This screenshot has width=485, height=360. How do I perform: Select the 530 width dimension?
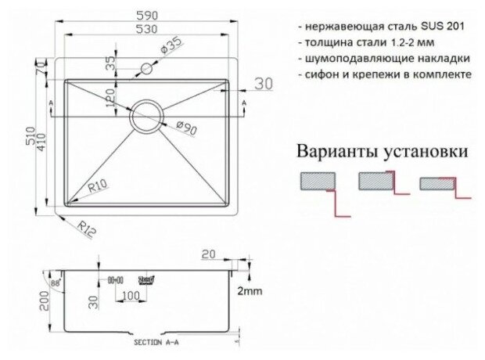[x=145, y=30]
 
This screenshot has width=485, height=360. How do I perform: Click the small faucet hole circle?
[x=145, y=70]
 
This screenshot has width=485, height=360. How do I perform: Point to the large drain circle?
[x=146, y=115]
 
